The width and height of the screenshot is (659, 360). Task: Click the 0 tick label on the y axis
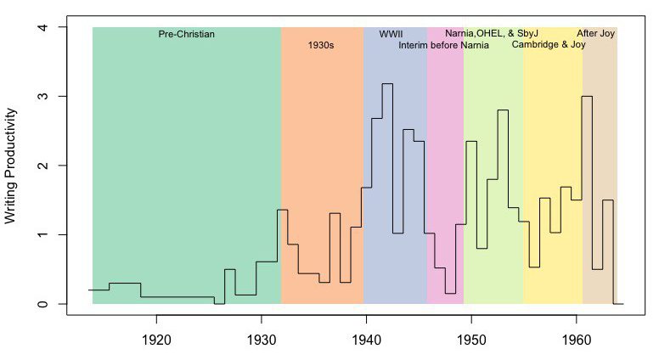pos(41,304)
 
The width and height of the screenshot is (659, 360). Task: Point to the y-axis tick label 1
pos(41,235)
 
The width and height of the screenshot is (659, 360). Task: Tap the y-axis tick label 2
pos(41,166)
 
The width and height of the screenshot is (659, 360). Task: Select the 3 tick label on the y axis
pos(41,97)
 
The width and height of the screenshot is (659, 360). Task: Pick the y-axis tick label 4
pos(41,28)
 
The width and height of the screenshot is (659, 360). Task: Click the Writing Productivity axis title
pos(11,166)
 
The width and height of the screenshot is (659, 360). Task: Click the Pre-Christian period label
pos(187,35)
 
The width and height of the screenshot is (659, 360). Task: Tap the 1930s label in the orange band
pos(321,46)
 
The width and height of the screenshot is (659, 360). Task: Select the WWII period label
pos(391,35)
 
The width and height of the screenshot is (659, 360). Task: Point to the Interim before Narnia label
pos(443,46)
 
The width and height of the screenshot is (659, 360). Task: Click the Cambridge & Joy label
pos(549,46)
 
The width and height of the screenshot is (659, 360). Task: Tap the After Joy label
pos(595,35)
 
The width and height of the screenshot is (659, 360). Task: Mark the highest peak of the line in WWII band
pos(387,84)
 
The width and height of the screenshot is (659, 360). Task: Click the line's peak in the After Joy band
pos(587,97)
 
